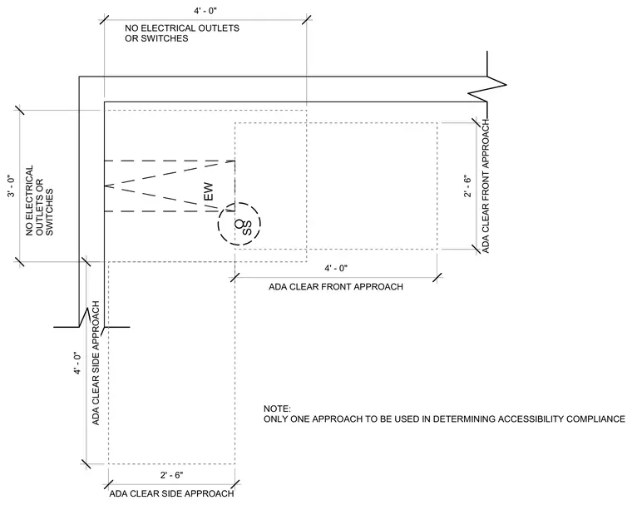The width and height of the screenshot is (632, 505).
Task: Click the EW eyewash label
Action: coord(209,192)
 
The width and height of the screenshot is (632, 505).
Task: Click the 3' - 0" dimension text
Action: coord(12,186)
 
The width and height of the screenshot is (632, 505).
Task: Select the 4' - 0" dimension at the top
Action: coord(205,11)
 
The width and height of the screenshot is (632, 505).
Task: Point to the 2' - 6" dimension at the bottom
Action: coord(171,475)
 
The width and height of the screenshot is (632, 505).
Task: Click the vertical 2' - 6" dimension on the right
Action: coord(467,186)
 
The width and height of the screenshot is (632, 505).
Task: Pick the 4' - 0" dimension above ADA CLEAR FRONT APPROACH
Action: coord(336,268)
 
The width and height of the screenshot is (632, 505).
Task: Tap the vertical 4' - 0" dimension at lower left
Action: coord(77,363)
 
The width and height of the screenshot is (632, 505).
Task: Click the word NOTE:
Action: coord(277,408)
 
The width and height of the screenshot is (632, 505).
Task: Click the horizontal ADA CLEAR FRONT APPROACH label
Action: coord(336,287)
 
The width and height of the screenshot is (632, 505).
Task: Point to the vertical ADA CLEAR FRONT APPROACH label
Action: coord(486,186)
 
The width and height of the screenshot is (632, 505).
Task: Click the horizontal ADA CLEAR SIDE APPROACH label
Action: coord(171,493)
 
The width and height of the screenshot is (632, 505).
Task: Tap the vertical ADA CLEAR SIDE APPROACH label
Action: coord(96,363)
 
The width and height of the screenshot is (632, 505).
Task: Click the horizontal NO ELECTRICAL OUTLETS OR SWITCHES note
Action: coord(182,33)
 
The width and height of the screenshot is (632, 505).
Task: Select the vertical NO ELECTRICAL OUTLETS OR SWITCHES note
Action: coord(40,201)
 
